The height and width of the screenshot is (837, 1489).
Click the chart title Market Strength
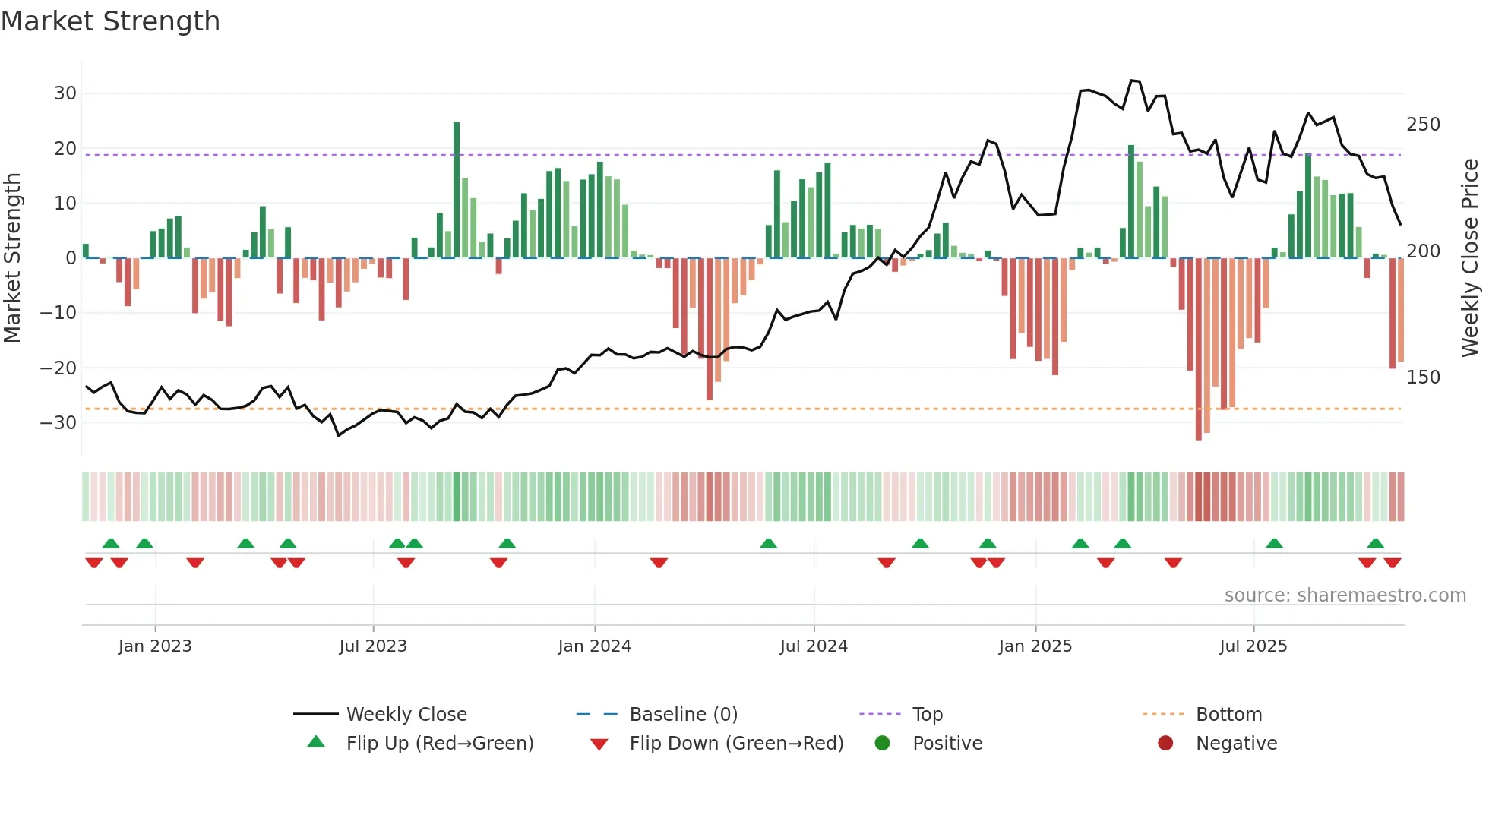coord(110,21)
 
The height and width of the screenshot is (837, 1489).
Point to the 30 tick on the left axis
coord(65,93)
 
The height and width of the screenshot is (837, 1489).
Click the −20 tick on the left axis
coord(58,368)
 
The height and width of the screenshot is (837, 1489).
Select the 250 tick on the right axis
coord(1423,125)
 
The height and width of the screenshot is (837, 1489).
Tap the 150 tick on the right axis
coord(1423,377)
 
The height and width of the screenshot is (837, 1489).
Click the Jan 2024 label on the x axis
coord(594,646)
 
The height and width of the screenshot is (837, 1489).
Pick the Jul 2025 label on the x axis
coord(1253,646)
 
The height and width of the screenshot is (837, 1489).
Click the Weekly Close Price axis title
coord(1469,258)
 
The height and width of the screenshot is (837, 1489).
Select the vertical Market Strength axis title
coord(12,258)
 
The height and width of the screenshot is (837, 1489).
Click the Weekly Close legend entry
coord(406,715)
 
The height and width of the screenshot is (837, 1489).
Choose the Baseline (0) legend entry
coord(683,715)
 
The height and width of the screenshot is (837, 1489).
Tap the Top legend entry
coord(927,715)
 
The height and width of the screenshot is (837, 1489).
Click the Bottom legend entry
coord(1228,715)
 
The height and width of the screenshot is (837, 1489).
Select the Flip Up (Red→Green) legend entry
coord(439,744)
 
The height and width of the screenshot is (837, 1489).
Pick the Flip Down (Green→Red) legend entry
coord(735,744)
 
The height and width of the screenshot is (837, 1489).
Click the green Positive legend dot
coord(882,744)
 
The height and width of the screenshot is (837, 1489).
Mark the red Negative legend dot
coord(1165,744)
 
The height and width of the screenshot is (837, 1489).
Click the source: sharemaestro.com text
coord(1345,595)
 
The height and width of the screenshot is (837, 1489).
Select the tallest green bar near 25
coord(457,190)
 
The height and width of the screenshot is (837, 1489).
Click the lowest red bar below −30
coord(1198,349)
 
